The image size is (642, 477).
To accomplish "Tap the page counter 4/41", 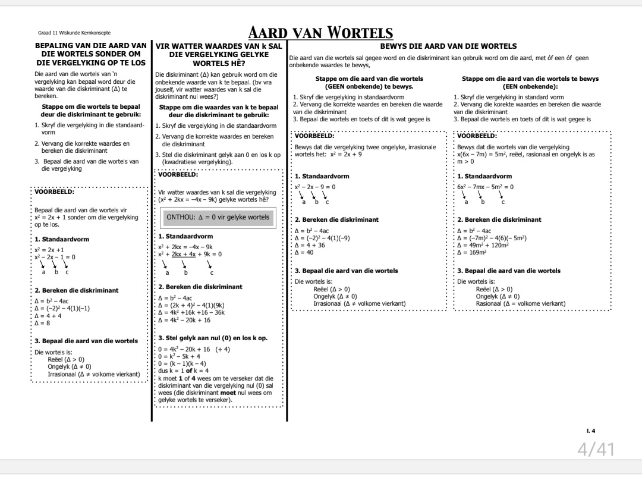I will click(596, 449).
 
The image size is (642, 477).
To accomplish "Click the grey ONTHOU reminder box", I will click(218, 218).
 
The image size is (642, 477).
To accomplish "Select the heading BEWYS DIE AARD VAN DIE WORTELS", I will click(448, 46).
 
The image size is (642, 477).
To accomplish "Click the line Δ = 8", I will click(42, 323).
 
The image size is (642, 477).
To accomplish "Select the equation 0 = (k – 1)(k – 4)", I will click(182, 363).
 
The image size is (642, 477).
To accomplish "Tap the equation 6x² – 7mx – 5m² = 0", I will click(485, 187).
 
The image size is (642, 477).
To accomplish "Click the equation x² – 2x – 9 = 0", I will click(315, 187).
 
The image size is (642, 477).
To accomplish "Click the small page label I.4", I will click(590, 431).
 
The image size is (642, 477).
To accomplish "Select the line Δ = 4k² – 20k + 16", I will click(184, 320).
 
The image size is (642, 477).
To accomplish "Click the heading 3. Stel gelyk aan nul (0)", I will click(213, 338).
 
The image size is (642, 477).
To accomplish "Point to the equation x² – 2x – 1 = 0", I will click(55, 257).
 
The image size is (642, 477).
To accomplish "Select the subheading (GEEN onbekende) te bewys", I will click(369, 86).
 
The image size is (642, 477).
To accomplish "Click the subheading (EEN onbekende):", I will click(530, 86).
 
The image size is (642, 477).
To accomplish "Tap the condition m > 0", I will click(466, 161).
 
